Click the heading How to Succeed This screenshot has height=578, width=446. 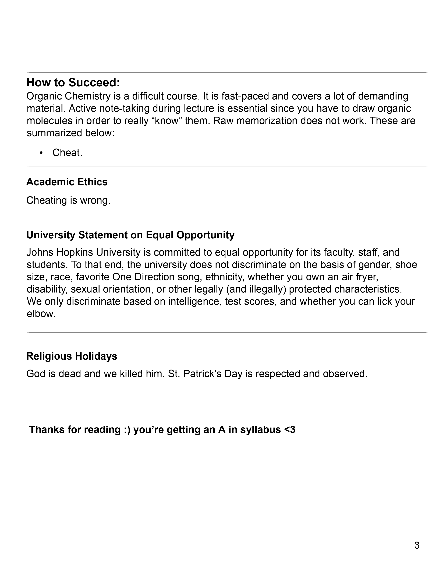coord(73,82)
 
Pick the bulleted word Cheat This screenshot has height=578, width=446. coord(67,153)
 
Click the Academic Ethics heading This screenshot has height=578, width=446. coord(67,182)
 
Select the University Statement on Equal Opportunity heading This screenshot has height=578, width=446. coord(130,235)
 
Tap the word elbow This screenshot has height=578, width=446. coord(41,314)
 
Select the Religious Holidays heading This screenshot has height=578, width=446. coord(72,356)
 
